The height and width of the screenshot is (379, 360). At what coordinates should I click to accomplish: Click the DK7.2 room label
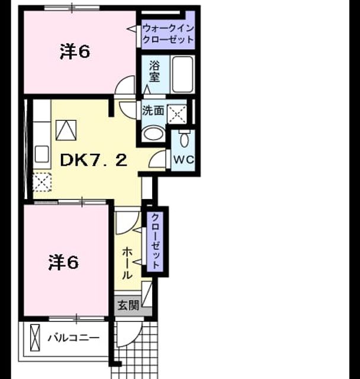[94, 160]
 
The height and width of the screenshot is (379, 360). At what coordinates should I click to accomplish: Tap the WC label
[184, 160]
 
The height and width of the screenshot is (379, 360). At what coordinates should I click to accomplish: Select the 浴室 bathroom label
[155, 71]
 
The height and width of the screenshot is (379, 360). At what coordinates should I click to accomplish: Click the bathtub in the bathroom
[183, 75]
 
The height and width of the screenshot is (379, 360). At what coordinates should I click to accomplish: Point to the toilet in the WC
[185, 139]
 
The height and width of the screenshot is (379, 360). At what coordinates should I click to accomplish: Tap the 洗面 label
[153, 111]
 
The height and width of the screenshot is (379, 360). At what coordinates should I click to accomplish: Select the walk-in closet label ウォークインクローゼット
[168, 34]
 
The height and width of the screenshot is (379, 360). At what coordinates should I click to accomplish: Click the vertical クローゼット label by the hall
[155, 241]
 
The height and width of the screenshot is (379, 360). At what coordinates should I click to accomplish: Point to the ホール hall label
[127, 264]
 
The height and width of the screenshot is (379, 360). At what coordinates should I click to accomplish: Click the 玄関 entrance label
[128, 305]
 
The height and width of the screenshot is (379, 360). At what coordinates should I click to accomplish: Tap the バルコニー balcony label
[73, 338]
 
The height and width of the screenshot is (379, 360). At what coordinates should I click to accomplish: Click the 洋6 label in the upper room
[75, 52]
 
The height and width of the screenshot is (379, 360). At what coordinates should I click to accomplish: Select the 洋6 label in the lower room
[63, 262]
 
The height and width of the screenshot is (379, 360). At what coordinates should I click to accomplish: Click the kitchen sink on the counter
[42, 154]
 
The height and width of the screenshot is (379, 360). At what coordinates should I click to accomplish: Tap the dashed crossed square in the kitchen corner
[42, 182]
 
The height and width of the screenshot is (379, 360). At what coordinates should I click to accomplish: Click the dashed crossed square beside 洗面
[178, 114]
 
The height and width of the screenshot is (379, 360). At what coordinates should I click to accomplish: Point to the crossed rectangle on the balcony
[35, 338]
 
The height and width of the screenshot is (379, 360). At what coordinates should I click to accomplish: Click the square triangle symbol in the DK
[66, 130]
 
